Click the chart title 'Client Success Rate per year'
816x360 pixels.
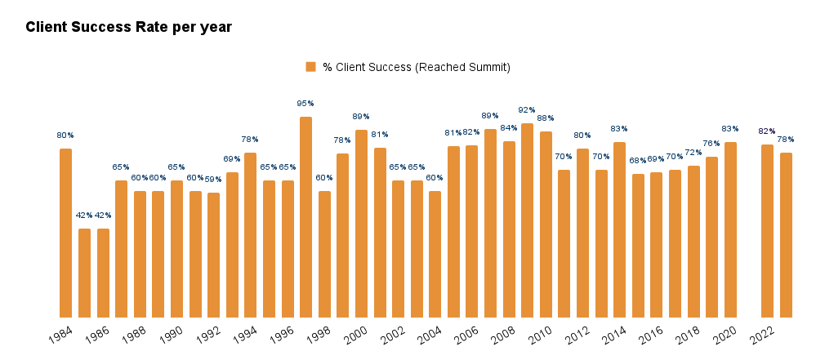pyautogui.click(x=128, y=27)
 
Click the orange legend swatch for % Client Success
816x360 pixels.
pyautogui.click(x=310, y=67)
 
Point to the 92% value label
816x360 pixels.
pyautogui.click(x=527, y=110)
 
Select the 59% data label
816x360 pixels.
pyautogui.click(x=213, y=180)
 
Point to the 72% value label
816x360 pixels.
pyautogui.click(x=693, y=153)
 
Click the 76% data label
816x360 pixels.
pyautogui.click(x=711, y=144)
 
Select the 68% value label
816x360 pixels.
pyautogui.click(x=638, y=161)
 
